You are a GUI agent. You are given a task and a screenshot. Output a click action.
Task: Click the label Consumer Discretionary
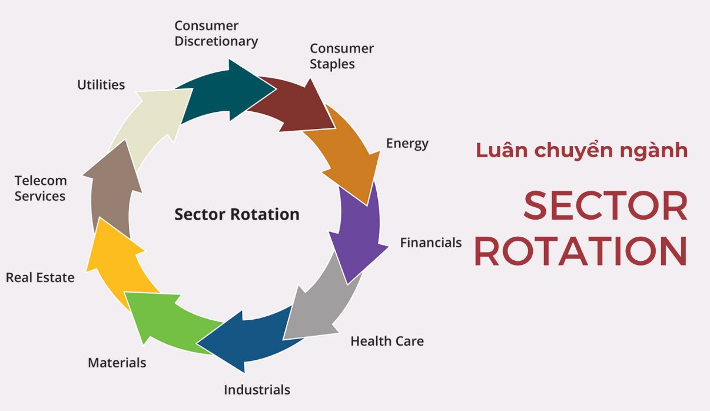[216, 34]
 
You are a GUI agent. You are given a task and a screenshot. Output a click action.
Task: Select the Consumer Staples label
[341, 56]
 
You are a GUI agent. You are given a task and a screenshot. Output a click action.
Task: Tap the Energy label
[407, 143]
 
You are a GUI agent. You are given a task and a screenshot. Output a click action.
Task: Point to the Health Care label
[387, 341]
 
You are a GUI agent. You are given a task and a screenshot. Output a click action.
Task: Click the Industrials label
[257, 389]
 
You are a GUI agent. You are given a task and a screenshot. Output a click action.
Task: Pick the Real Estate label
[40, 277]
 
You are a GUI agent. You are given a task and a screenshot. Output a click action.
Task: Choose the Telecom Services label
[41, 188]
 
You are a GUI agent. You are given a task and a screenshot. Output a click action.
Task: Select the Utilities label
[101, 85]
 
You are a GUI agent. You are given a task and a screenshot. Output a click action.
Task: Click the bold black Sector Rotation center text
[237, 214]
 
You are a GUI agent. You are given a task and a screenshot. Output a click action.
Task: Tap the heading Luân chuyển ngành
[582, 151]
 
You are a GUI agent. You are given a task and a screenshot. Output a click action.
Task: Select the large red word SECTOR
[605, 207]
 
